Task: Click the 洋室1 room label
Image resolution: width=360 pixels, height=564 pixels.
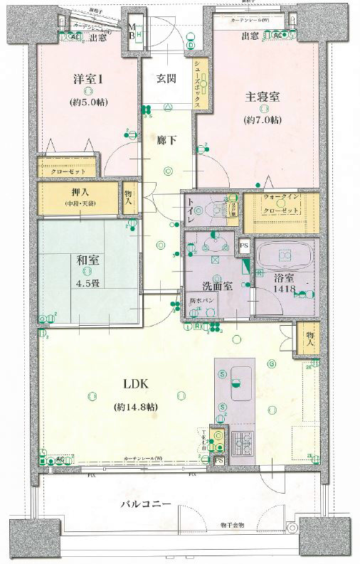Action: coord(88,80)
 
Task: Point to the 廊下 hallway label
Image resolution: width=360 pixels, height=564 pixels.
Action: coord(168,139)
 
